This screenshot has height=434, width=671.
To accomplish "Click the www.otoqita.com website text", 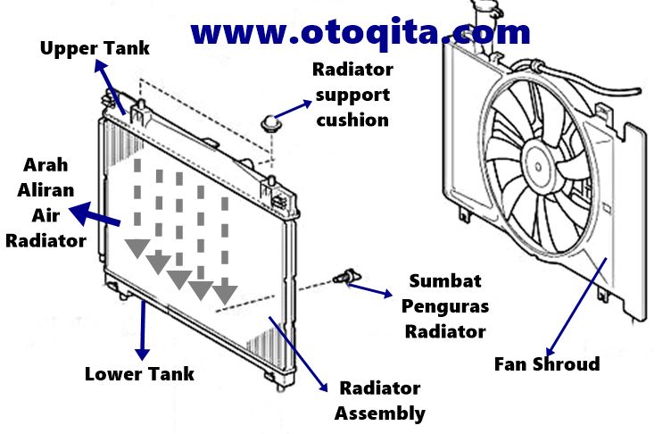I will [360, 32].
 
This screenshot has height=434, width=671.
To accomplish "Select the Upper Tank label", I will [95, 47].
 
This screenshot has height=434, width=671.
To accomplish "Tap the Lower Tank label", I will [138, 372].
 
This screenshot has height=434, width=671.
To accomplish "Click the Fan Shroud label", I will [547, 363].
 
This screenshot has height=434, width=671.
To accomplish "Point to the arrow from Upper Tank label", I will [111, 86].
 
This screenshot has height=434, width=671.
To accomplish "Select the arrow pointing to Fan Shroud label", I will [577, 304].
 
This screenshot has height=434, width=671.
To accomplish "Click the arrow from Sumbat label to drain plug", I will [369, 289].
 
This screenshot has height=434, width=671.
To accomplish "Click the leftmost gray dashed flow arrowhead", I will [137, 246].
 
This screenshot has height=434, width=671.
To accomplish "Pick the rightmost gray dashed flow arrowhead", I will [224, 290].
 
